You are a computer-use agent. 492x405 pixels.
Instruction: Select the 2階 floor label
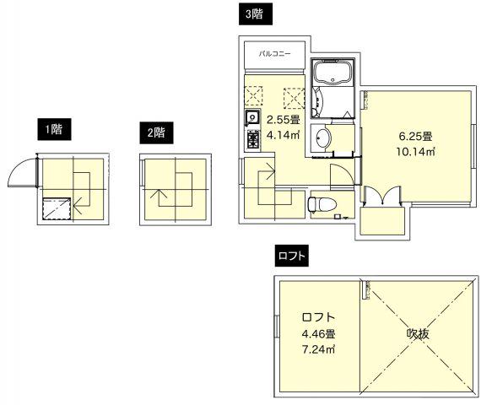coord(155,132)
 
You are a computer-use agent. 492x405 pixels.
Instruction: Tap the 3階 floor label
coord(253,13)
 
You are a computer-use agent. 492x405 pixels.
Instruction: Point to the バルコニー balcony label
coord(275,52)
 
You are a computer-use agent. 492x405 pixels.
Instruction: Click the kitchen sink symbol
coord(251,117)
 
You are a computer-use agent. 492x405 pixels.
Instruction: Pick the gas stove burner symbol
coord(251,138)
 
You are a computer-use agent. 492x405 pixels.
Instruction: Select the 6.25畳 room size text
coord(415,136)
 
